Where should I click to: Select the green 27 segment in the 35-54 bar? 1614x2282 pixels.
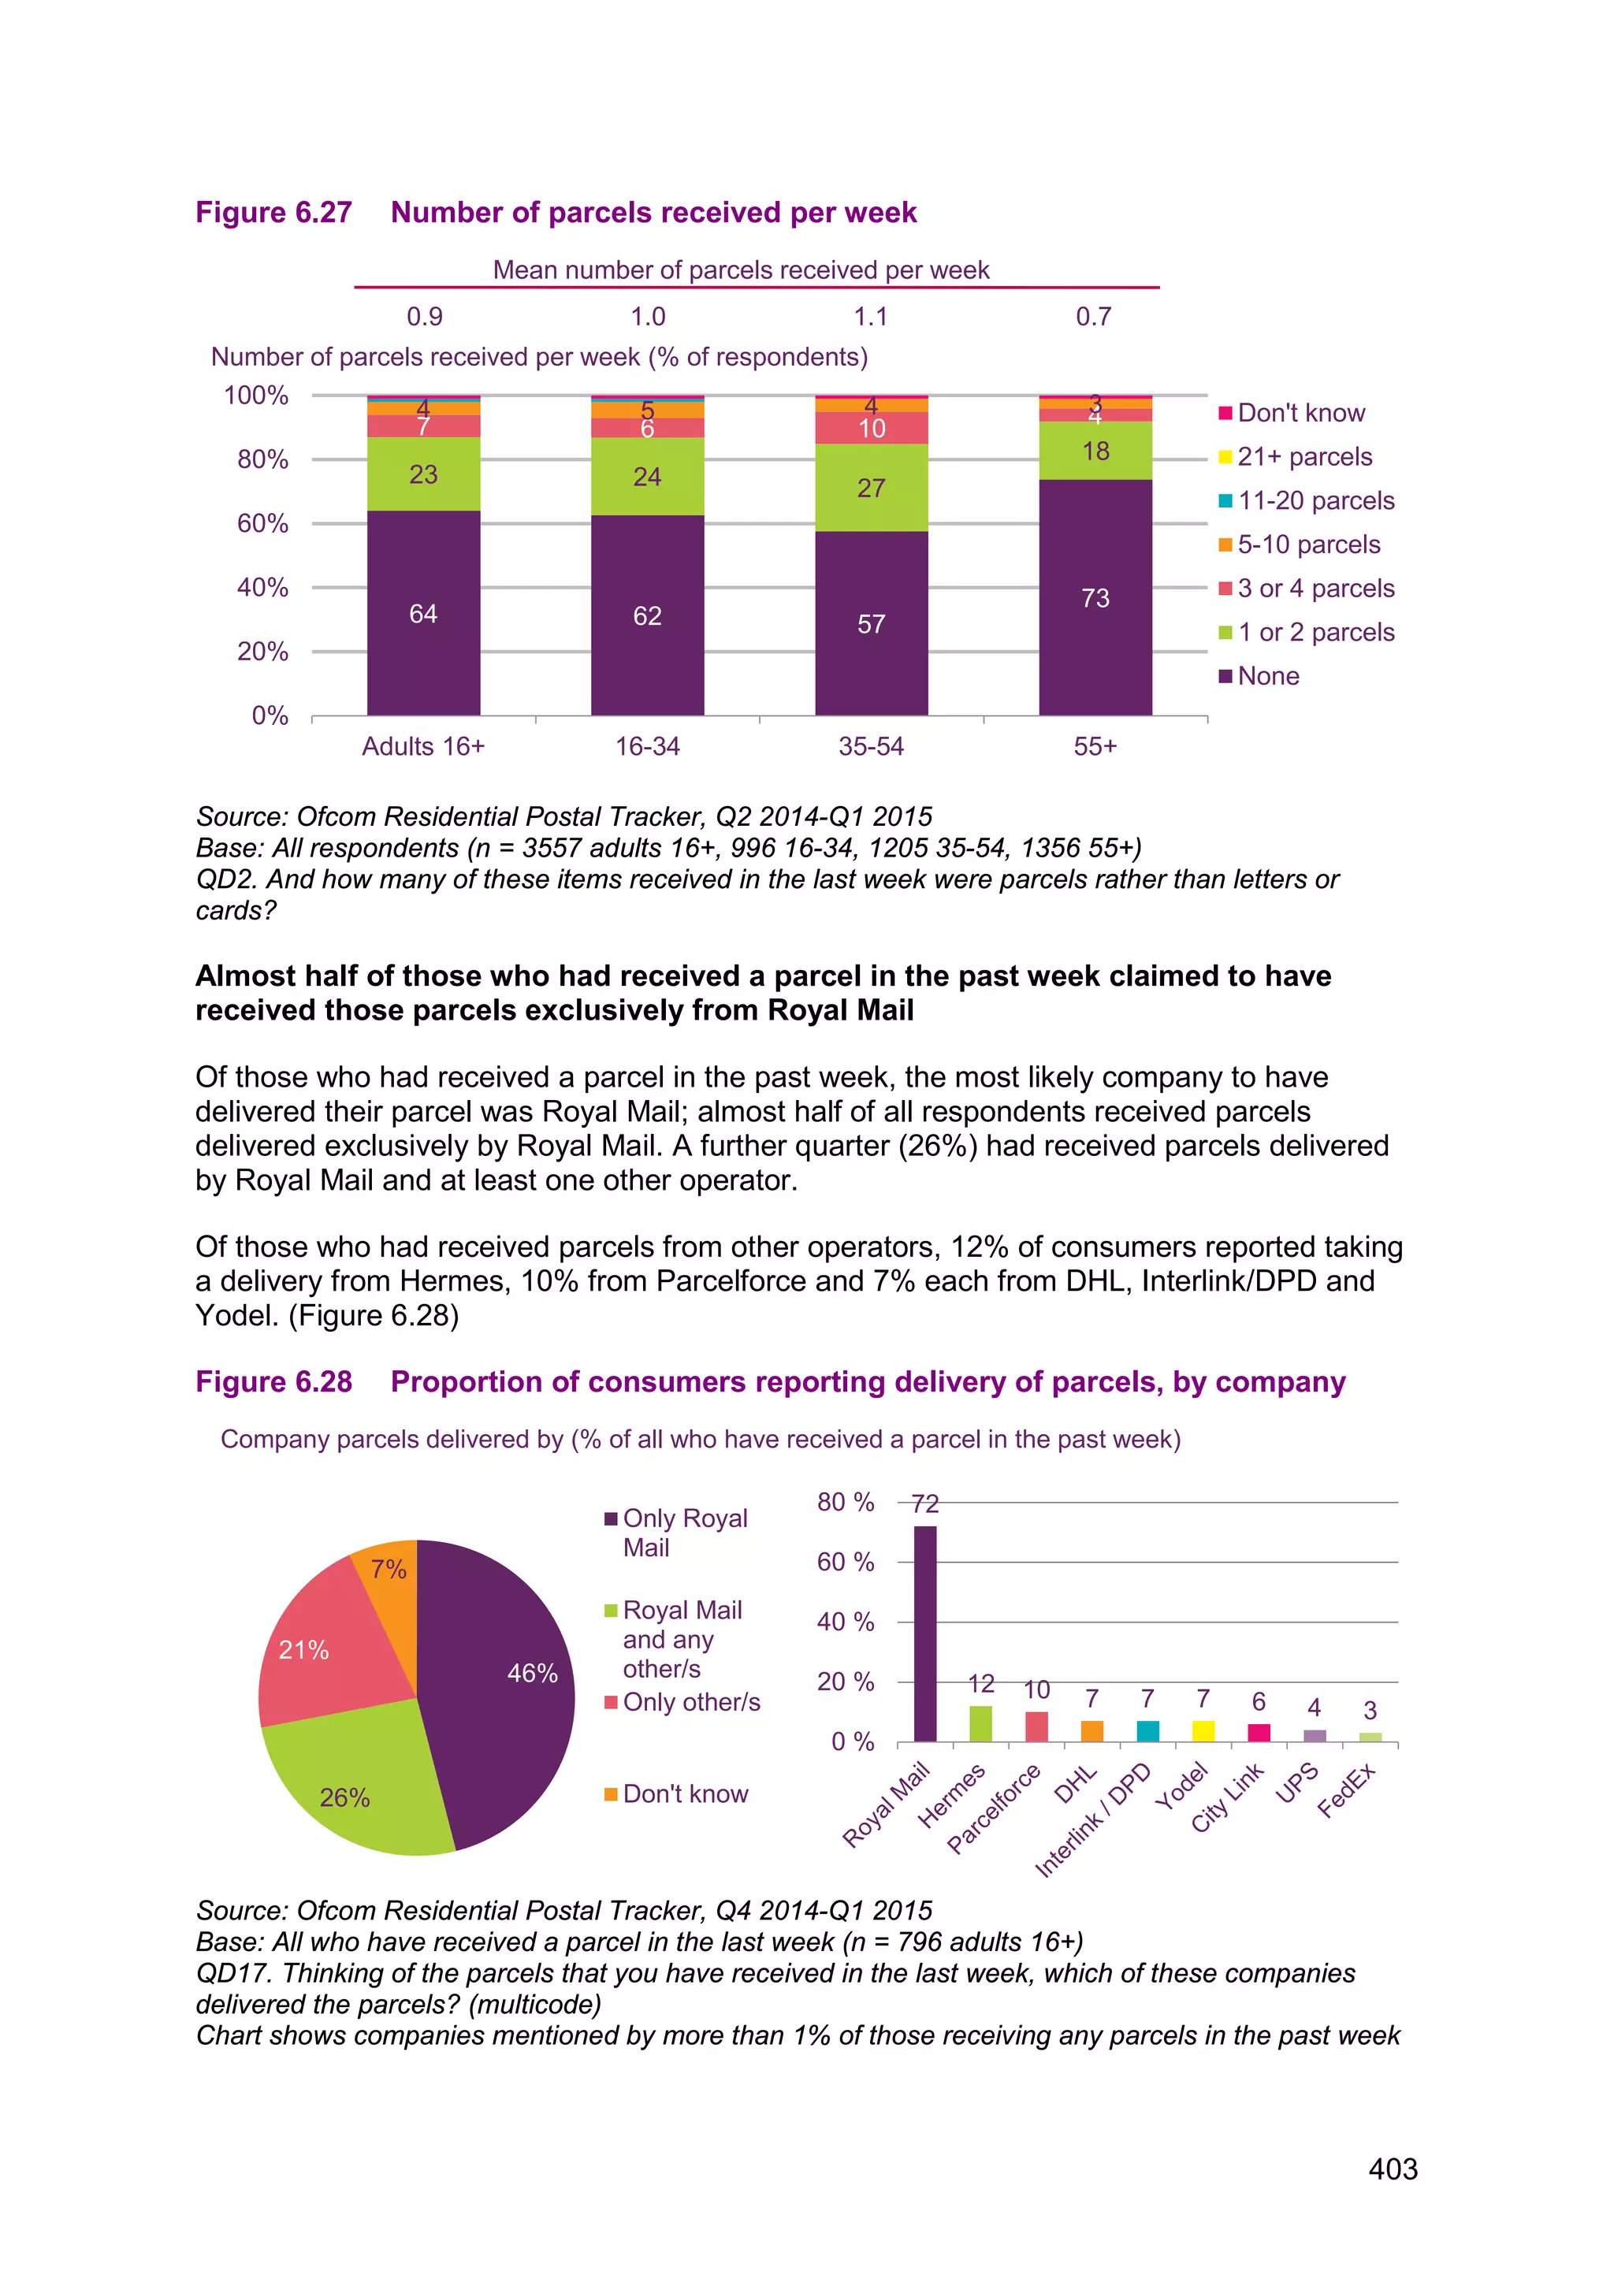[x=871, y=487]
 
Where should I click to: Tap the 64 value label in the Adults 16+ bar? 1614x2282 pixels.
[x=423, y=614]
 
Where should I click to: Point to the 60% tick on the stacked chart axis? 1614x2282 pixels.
[x=262, y=524]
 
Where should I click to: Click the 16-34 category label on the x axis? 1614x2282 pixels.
[x=647, y=746]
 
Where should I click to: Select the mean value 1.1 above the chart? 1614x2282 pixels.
[x=871, y=317]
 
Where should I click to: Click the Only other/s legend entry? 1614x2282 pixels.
[x=690, y=1703]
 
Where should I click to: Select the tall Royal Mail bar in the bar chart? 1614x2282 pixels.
[x=925, y=1634]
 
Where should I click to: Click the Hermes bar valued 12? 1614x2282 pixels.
[x=981, y=1724]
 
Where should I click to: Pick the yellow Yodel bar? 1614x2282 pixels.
[x=1203, y=1731]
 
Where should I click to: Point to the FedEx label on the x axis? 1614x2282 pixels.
[x=1348, y=1790]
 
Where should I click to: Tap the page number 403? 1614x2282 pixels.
[x=1393, y=2169]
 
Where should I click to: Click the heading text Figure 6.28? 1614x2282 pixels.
[x=274, y=1383]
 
